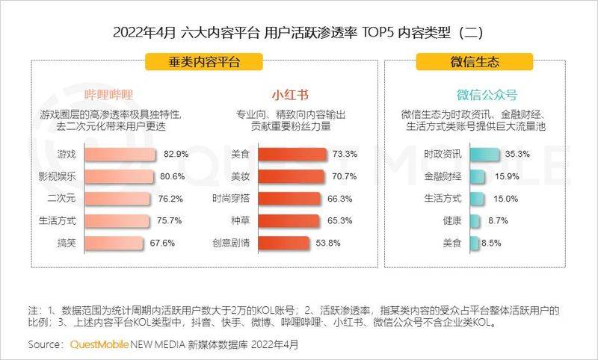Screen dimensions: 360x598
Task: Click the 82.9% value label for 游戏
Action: tap(175, 155)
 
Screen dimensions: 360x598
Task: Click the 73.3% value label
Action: tap(345, 155)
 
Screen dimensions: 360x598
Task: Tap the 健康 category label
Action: tap(451, 222)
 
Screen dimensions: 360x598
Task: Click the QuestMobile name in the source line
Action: tap(99, 345)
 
